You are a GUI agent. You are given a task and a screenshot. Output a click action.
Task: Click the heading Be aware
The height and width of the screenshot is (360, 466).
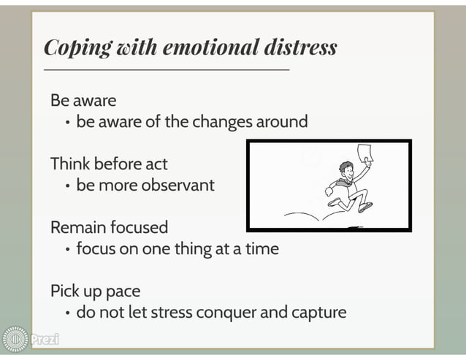[83, 99]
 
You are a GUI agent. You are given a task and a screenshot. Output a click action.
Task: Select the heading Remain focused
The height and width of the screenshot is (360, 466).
[109, 226]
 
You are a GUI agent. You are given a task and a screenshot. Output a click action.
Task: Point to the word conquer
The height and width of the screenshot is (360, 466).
[245, 313]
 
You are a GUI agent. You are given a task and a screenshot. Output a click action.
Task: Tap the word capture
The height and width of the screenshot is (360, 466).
[316, 313]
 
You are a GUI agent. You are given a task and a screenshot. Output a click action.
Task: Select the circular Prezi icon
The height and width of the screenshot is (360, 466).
[15, 340]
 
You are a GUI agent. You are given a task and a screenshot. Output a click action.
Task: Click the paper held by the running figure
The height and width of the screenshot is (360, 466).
[364, 153]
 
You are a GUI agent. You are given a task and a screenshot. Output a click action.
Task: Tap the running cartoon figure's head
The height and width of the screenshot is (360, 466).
[348, 169]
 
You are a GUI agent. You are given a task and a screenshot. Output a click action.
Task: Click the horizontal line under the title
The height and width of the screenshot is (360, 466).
[167, 69]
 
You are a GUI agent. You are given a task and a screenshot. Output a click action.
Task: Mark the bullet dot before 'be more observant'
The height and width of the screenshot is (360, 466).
[67, 185]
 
